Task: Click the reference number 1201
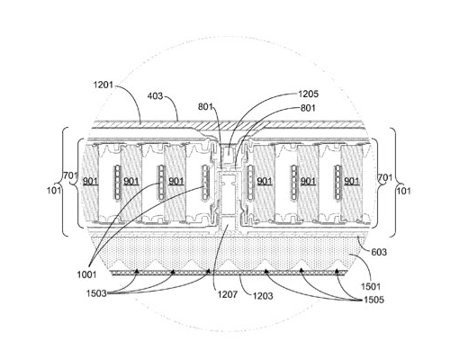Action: coord(103,85)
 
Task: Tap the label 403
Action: coord(155,96)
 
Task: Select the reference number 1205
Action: coord(308,94)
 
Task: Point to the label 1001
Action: coord(86,274)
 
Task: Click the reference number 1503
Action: coord(96,292)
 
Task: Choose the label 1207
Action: coord(228,294)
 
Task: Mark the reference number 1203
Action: coord(263,296)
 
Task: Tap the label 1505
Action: coord(373,300)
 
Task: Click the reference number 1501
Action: coord(371,286)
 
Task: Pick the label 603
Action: coord(379,252)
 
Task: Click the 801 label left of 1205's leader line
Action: coord(205,106)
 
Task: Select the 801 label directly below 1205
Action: coord(308,108)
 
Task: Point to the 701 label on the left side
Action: coord(70,175)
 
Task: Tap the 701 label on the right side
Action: coord(385,177)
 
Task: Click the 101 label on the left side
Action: coord(54,190)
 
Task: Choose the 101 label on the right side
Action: coord(404,191)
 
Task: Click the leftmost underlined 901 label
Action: coord(90,181)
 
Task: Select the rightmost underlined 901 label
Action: coord(351,181)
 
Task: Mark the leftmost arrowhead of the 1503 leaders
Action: coord(137,271)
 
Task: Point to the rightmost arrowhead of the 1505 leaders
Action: coord(337,271)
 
